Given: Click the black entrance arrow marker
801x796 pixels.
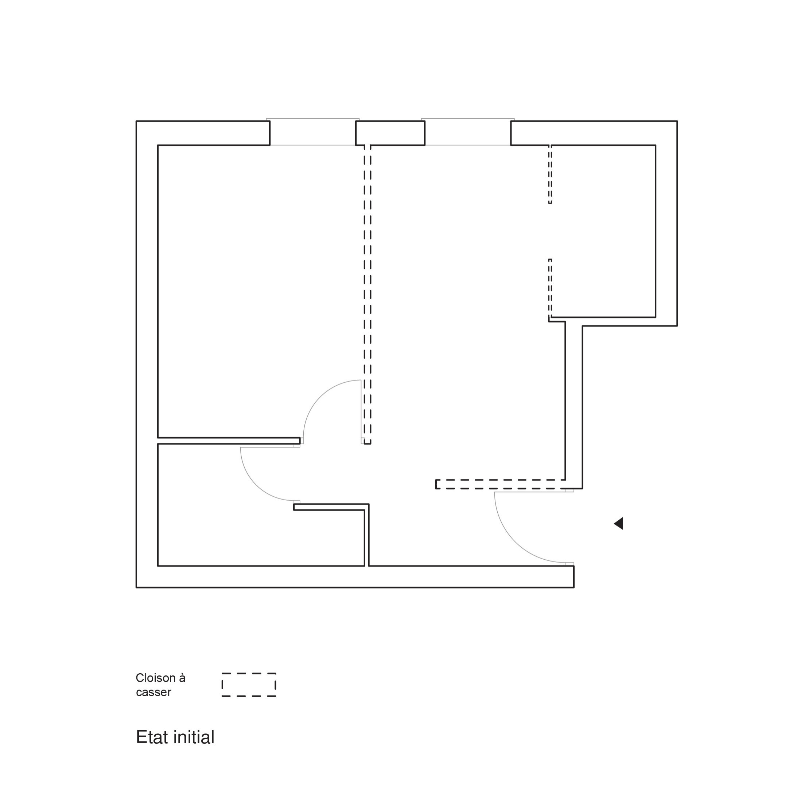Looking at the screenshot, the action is coord(619,524).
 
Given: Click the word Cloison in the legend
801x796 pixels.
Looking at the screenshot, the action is coord(155,678).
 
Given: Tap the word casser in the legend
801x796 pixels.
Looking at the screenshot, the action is coord(153,693).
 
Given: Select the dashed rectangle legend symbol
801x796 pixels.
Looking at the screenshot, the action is coord(249,685).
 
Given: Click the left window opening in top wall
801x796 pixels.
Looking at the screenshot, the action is coord(312,132).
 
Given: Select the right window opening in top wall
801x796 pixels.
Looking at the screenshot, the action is coord(468,132).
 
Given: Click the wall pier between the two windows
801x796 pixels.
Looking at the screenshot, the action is coord(390,133).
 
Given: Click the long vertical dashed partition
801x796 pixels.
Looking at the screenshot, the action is coord(368,295).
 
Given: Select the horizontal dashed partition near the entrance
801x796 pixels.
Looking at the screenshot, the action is coord(501,484).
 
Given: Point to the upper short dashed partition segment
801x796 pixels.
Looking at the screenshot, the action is coord(550,174).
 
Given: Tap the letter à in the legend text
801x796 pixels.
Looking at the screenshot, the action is coord(182,678).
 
